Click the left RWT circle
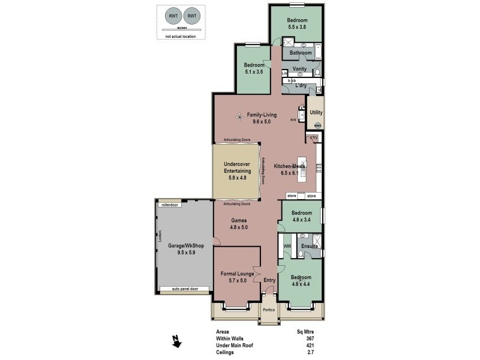coord(172,16)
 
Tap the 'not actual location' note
coord(181,37)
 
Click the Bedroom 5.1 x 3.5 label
coord(254,68)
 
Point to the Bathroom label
coord(301,53)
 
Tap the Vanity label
coord(300,69)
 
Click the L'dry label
coord(301,86)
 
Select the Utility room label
coord(316,112)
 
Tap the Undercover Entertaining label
coord(236,168)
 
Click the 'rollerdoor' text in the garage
coord(170,205)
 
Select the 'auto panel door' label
coord(184,289)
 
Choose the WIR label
coord(287,246)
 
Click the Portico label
coord(269,310)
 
